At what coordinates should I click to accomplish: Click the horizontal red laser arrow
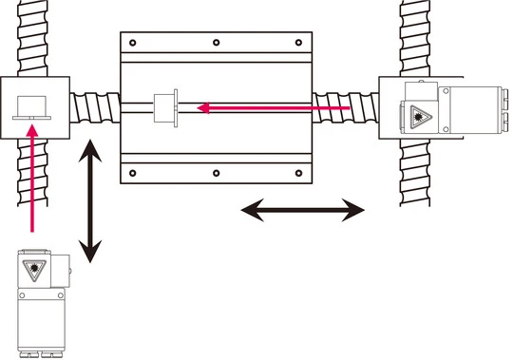[x=275, y=109]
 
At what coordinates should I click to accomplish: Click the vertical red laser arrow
[x=33, y=180]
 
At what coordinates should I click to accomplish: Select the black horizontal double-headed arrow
[x=302, y=209]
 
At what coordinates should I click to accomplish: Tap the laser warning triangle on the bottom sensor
[x=36, y=269]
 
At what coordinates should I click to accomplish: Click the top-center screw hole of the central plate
[x=217, y=43]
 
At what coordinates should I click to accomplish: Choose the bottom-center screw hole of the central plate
[x=217, y=173]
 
